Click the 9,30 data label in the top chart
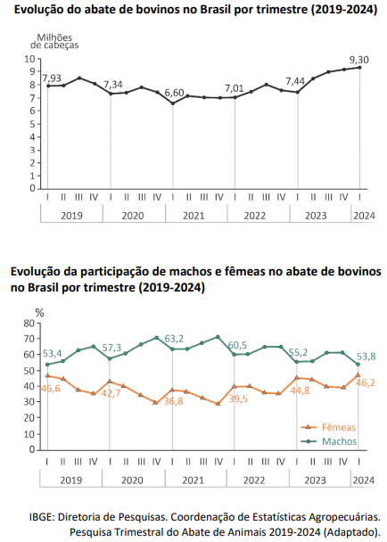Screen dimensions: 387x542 [358, 60]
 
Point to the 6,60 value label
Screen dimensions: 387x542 [174, 93]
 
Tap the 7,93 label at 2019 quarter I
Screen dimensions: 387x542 [52, 78]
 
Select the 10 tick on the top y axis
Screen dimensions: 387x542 [30, 59]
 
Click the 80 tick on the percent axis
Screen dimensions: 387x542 [29, 324]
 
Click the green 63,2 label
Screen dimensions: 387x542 [174, 339]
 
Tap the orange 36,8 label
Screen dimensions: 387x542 [174, 401]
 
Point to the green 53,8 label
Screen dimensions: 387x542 [366, 357]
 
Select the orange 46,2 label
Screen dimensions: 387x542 [366, 382]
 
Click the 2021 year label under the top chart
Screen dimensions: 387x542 [193, 216]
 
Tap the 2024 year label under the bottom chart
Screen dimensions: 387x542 [364, 480]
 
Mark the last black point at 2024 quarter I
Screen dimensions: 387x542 [359, 68]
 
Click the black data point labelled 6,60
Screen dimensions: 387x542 [173, 103]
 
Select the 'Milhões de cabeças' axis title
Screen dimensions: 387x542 [54, 41]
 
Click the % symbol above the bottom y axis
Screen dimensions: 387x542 [40, 313]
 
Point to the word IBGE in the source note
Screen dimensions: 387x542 [41, 517]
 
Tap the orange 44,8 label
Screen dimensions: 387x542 [301, 391]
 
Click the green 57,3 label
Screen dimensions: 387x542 [111, 348]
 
